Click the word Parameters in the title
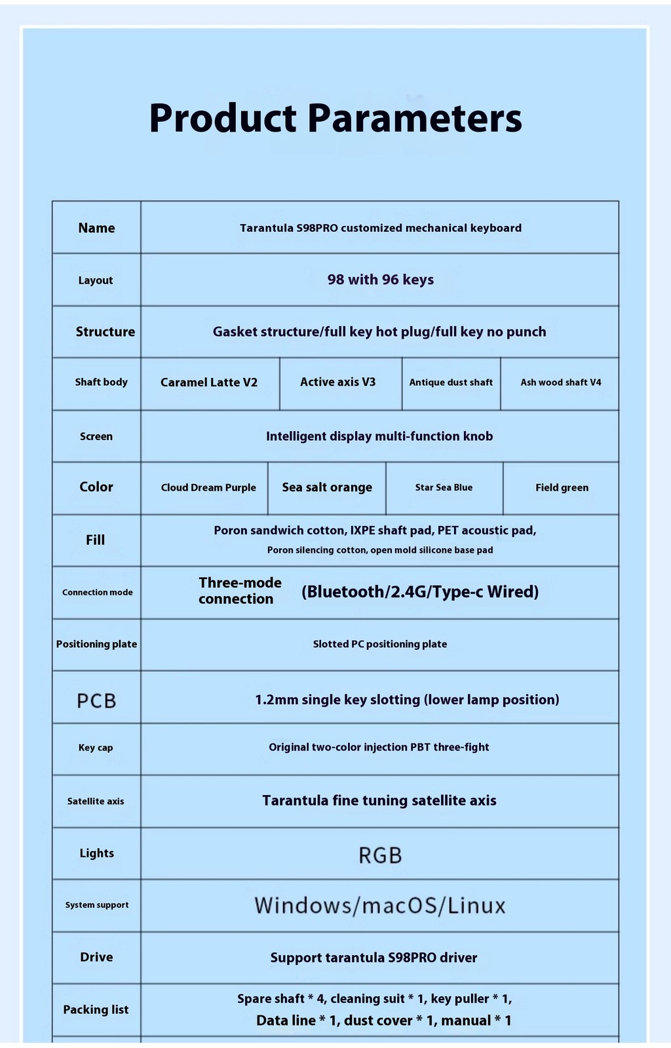(x=414, y=119)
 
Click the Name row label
(x=96, y=228)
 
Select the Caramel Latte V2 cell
(x=209, y=383)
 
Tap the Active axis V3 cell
(x=338, y=382)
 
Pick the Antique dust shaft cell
(x=451, y=383)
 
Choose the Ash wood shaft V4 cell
(x=561, y=383)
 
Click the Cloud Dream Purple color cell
(x=208, y=487)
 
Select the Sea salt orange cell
(x=327, y=487)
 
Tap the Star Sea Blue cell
(x=444, y=487)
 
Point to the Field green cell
(x=562, y=487)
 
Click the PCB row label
(x=96, y=701)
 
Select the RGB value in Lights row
(x=380, y=855)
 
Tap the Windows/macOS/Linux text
(x=380, y=906)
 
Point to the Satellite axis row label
(x=96, y=801)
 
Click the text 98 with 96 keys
(x=380, y=280)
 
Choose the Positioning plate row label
(x=96, y=644)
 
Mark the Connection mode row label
(x=97, y=592)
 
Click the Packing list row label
(x=96, y=1009)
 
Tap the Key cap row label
(x=96, y=747)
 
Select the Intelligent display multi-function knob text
(x=379, y=436)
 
